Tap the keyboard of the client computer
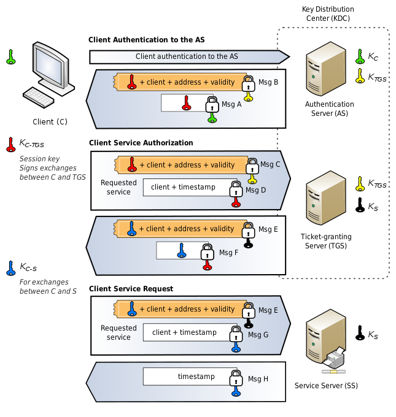coord(39,98)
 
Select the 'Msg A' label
coord(231,104)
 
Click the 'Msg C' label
coord(270,164)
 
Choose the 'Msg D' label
coord(256,190)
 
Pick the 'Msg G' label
coord(258,335)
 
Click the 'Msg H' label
coord(258,379)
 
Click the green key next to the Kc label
coord(360,56)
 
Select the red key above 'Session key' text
coord(10,145)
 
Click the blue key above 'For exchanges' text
coord(10,268)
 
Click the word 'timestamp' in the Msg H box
coord(196,377)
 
